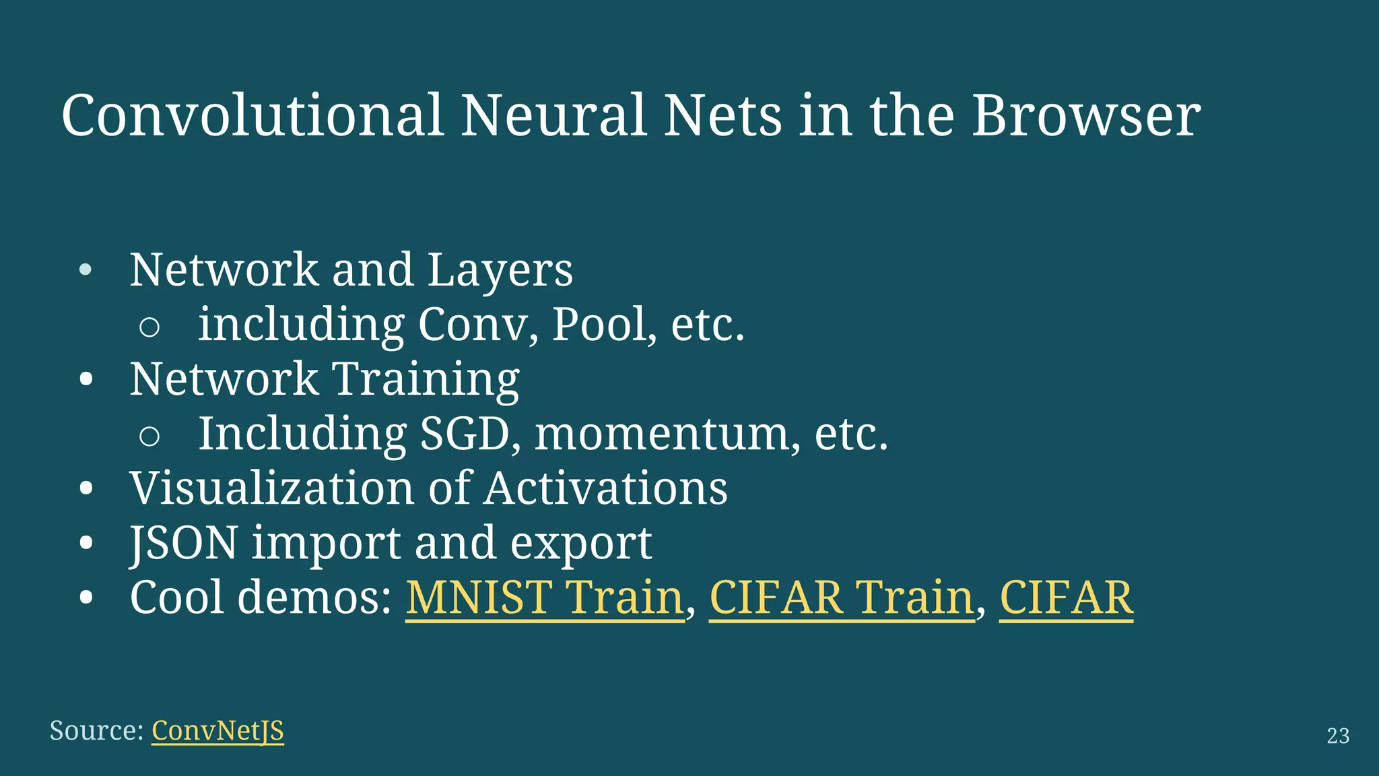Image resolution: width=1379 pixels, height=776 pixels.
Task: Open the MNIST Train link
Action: [545, 597]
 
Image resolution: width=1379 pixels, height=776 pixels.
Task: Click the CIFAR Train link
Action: [842, 597]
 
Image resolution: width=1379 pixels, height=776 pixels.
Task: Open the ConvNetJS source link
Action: [217, 731]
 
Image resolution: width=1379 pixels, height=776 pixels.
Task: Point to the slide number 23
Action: [1338, 736]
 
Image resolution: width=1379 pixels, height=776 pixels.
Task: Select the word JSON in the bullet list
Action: [184, 543]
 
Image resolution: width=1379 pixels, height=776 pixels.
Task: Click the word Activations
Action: [606, 488]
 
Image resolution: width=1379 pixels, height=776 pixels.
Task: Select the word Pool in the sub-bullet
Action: [599, 325]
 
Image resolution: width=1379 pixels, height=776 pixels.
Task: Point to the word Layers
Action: [500, 270]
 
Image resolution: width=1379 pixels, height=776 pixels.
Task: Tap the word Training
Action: [426, 379]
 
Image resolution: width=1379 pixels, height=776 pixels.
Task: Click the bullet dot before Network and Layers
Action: [86, 271]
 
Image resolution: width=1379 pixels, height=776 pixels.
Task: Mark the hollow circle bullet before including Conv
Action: [149, 327]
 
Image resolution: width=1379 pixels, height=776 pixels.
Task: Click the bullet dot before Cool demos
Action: [86, 598]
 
